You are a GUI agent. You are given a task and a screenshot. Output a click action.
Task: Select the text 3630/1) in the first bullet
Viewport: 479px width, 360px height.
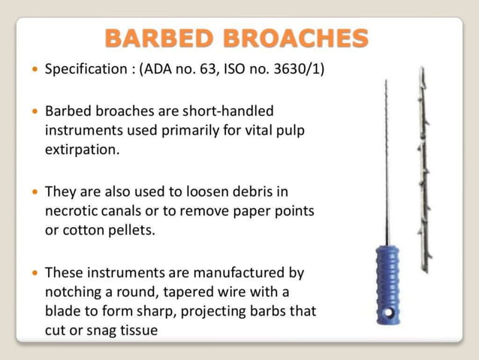pyautogui.click(x=300, y=69)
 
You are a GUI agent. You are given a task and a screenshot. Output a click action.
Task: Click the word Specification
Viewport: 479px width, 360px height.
pyautogui.click(x=86, y=69)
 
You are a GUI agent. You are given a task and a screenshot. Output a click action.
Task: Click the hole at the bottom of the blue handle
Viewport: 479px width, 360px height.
pyautogui.click(x=388, y=311)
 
